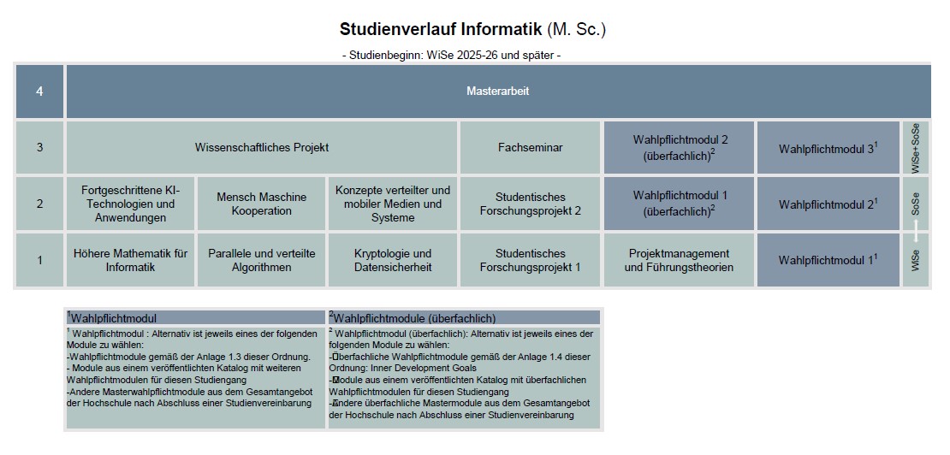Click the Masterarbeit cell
tap(498, 92)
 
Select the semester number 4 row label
tap(39, 92)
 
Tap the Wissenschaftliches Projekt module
tap(262, 147)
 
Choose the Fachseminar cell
tap(531, 147)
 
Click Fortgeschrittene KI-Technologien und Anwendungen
tap(130, 204)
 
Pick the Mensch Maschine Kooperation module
tap(261, 204)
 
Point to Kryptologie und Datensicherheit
tap(393, 260)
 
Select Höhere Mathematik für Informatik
tap(130, 260)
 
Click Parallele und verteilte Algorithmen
tap(261, 260)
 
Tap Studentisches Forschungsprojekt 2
tap(531, 204)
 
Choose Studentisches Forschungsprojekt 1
tap(531, 260)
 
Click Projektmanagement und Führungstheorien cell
tap(680, 260)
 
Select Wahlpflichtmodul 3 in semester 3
tap(828, 147)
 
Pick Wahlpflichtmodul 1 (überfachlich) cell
tap(680, 204)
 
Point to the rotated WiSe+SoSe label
tap(916, 148)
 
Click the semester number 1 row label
tap(39, 260)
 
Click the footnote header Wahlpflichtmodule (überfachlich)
tap(415, 318)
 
